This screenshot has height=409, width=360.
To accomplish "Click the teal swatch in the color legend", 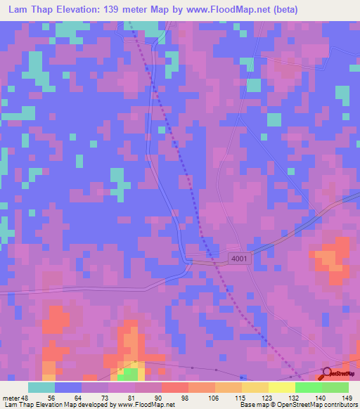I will click(41, 387).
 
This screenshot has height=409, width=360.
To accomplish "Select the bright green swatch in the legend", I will click(309, 387).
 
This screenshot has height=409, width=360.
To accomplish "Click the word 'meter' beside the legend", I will click(12, 398).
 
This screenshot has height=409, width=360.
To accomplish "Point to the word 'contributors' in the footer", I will click(340, 405).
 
